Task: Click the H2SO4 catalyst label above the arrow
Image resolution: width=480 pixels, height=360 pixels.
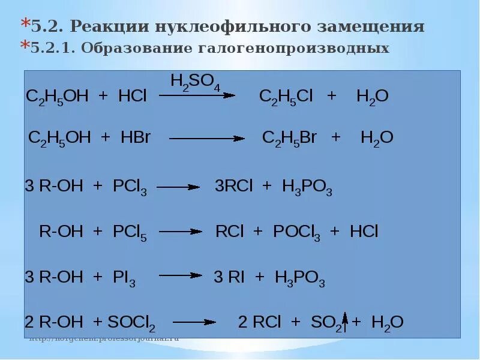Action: click(196, 82)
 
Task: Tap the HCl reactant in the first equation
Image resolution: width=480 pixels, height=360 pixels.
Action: click(133, 97)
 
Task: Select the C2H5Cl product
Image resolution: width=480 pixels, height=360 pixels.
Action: click(286, 97)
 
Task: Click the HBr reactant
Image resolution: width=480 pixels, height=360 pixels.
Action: click(135, 137)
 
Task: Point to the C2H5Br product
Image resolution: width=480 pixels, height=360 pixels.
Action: click(289, 137)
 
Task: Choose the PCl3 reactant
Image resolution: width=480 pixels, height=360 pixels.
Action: click(130, 187)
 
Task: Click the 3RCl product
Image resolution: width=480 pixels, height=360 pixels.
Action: click(234, 187)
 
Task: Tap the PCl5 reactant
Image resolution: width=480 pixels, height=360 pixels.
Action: click(130, 232)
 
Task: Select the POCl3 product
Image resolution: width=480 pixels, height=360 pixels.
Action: click(296, 232)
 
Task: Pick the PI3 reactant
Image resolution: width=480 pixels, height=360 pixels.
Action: click(124, 278)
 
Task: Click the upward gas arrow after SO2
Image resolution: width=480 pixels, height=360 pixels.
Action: click(345, 322)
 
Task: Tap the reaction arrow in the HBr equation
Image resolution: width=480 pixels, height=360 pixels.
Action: click(206, 139)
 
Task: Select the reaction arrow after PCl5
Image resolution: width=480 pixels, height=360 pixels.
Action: click(180, 231)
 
